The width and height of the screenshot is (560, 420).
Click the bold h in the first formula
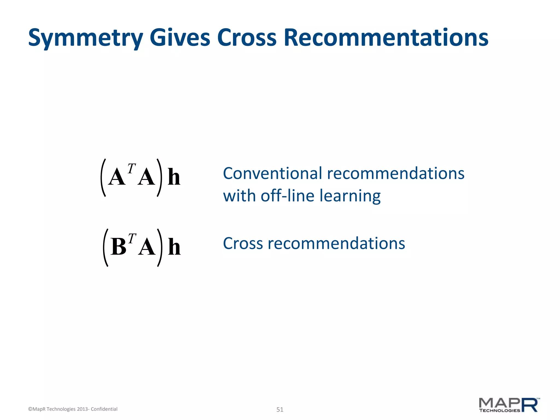pyautogui.click(x=174, y=177)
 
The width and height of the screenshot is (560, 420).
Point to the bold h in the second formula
pyautogui.click(x=174, y=247)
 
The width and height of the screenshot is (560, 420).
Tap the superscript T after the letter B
pyautogui.click(x=132, y=239)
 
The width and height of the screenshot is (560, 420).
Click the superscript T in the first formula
pyautogui.click(x=132, y=169)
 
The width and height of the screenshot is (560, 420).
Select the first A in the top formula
pyautogui.click(x=117, y=177)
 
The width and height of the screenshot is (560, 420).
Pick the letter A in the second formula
pyautogui.click(x=147, y=247)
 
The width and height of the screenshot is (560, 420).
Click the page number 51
pyautogui.click(x=280, y=410)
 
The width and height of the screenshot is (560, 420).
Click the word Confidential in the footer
pyautogui.click(x=104, y=409)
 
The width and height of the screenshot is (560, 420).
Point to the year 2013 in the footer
pyautogui.click(x=82, y=409)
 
